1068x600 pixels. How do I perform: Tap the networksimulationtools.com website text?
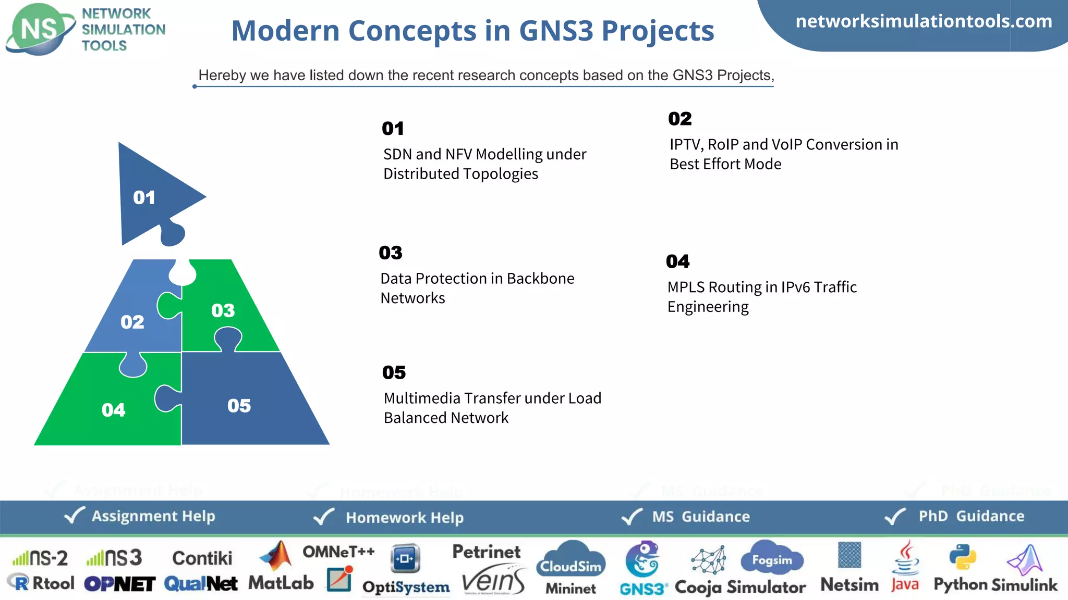point(924,21)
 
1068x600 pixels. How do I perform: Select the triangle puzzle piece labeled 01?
point(149,195)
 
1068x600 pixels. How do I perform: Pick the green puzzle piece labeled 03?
point(229,307)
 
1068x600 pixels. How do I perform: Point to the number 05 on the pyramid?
point(239,406)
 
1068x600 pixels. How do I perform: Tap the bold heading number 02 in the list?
point(679,119)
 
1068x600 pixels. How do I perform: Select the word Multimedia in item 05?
point(422,398)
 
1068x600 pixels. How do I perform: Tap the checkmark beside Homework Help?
point(324,517)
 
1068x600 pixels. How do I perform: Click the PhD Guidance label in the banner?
point(971,516)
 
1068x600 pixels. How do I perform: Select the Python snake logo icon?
point(962,557)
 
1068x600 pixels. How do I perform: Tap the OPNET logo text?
point(119,584)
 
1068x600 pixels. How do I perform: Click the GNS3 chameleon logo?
point(642,559)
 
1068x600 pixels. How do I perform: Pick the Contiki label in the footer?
point(202,558)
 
